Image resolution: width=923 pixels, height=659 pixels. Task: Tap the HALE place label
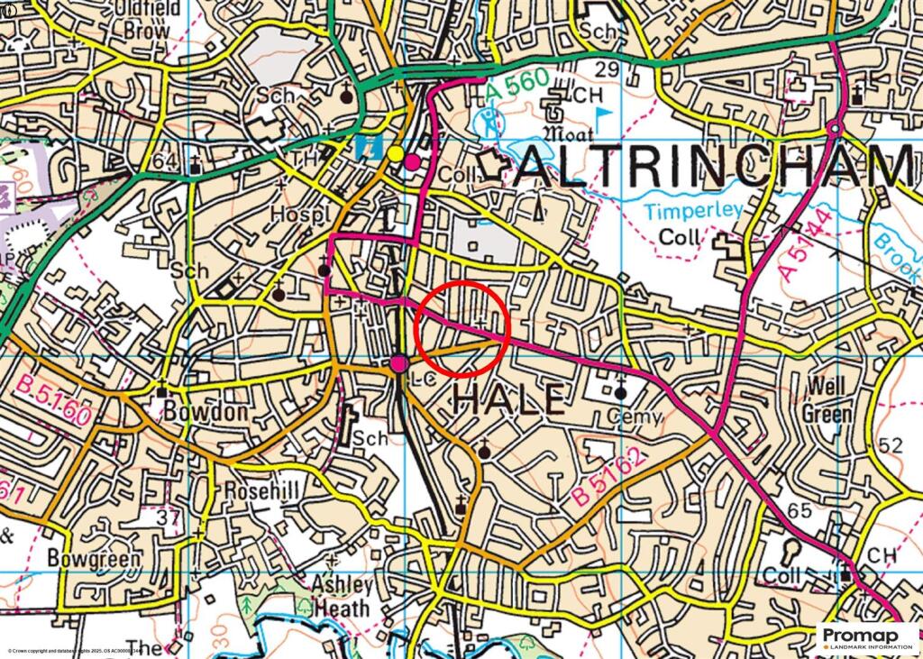click(509, 398)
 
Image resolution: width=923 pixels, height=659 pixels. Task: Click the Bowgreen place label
click(95, 558)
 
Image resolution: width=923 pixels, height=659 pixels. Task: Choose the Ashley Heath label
click(342, 596)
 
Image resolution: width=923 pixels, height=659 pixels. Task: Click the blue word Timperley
click(693, 210)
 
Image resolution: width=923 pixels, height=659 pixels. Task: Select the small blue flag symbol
click(603, 114)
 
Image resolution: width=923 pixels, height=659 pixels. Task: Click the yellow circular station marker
click(394, 154)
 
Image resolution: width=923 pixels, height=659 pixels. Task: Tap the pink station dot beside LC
click(399, 363)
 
